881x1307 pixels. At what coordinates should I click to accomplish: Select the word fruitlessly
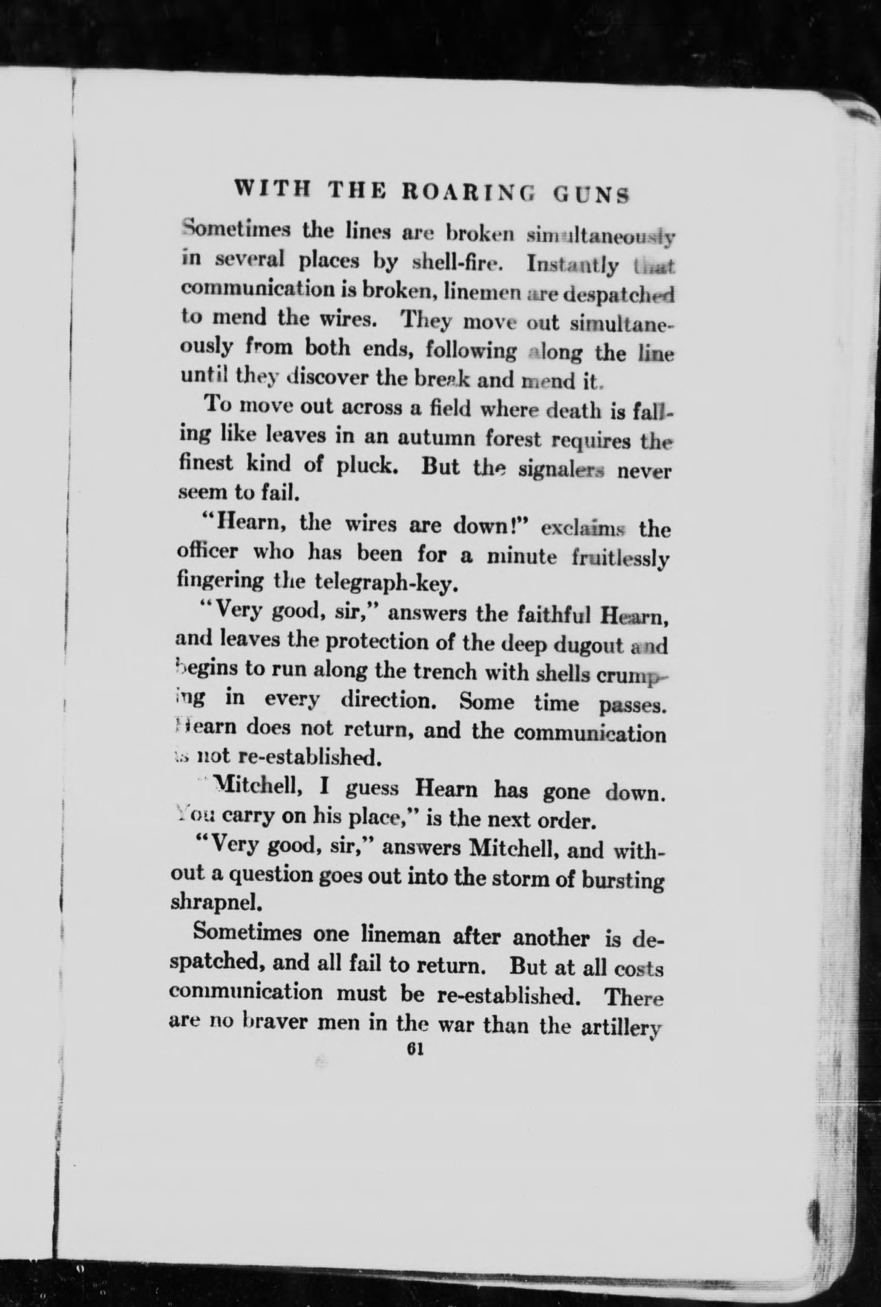(x=620, y=558)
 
